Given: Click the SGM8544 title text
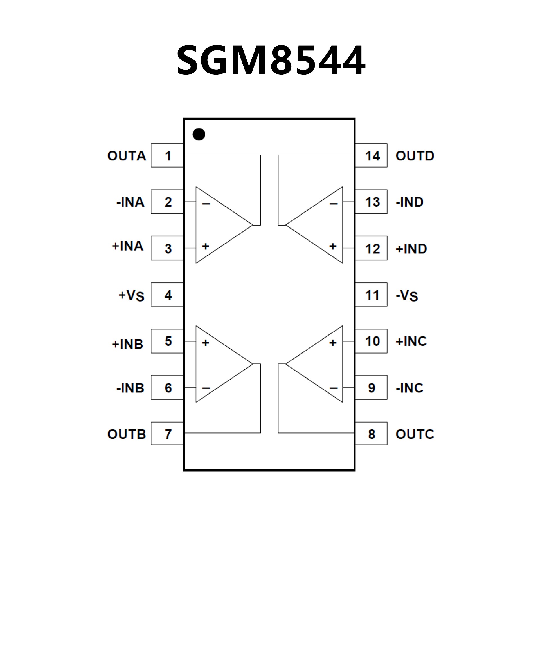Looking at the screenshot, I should pos(271,60).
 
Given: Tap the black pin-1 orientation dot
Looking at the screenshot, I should pos(199,134).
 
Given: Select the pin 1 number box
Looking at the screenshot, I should pos(167,155).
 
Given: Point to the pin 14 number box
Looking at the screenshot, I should pos(371,155).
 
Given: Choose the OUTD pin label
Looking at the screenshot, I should pos(415,156).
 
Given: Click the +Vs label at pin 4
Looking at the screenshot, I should pos(131,295).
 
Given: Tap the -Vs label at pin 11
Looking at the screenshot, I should pos(407,295).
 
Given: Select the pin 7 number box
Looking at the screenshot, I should pos(167,434).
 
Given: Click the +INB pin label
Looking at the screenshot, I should pos(128,344).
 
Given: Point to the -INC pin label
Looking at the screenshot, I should pos(409,388).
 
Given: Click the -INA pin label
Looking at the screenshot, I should pos(130,202).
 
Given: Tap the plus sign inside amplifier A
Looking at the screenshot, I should pos(206,246).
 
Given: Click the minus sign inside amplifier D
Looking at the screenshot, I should pos(334,204).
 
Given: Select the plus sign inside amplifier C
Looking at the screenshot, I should pos(333,342).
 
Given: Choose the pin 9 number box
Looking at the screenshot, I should pos(371,388).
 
